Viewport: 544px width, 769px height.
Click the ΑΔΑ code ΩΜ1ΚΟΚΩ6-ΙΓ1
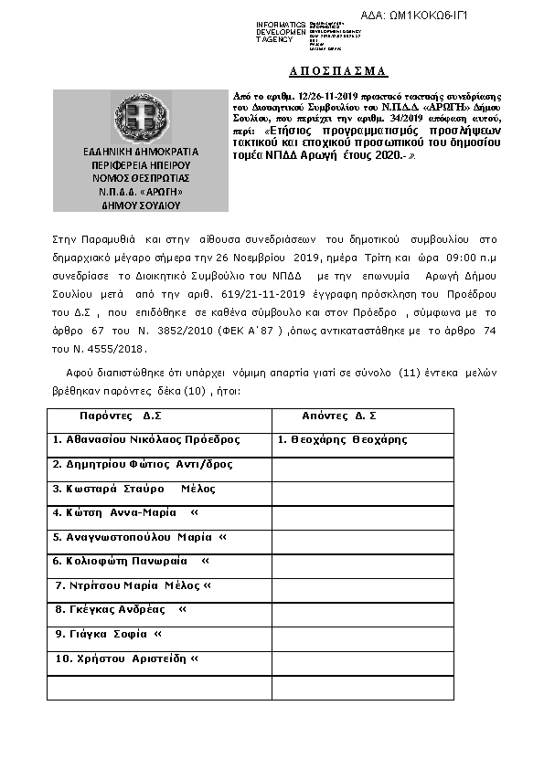[x=427, y=16]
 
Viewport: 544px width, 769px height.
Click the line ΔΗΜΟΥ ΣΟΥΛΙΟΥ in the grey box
[x=140, y=205]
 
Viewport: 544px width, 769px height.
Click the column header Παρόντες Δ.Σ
[x=120, y=416]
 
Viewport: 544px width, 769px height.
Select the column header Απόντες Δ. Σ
[x=339, y=416]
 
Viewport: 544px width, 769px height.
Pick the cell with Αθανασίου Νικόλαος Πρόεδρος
[x=146, y=439]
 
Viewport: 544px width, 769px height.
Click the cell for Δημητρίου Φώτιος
[x=143, y=464]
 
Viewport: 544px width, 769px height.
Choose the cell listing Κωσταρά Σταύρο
[x=133, y=489]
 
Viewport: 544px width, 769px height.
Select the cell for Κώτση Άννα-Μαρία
[x=125, y=512]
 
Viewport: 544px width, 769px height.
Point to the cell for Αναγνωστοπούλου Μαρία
[x=139, y=537]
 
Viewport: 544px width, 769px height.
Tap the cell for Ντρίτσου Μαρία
[x=133, y=585]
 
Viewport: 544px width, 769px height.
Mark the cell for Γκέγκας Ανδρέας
[x=121, y=609]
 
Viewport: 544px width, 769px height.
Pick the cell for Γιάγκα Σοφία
[x=108, y=634]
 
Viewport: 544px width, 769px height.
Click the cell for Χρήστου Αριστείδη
[x=126, y=658]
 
